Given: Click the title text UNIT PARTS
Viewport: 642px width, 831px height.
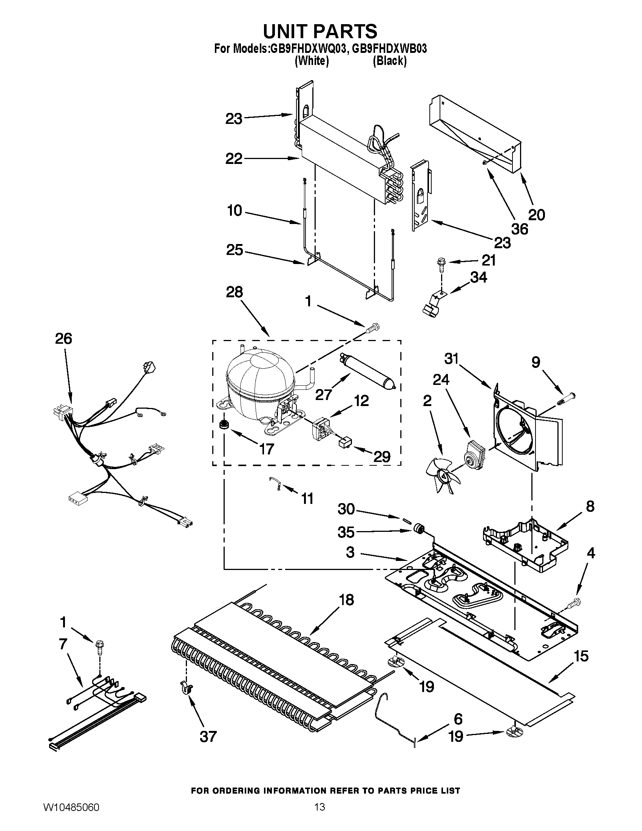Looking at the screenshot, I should click(320, 31).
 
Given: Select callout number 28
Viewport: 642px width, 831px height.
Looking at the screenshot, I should click(234, 292).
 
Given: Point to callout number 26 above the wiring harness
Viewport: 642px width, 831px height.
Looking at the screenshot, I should click(63, 338).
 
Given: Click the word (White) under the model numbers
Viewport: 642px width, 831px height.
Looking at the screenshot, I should click(312, 61).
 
